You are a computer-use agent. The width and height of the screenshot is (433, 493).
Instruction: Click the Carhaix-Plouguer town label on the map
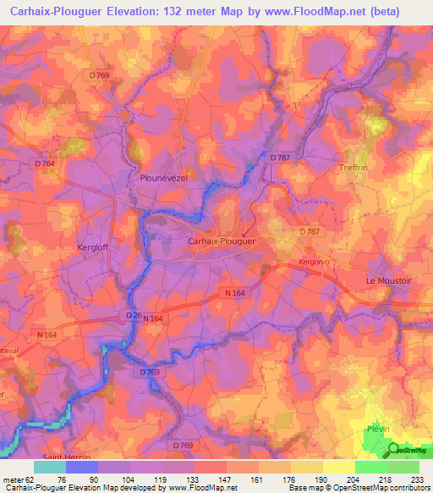click(x=221, y=241)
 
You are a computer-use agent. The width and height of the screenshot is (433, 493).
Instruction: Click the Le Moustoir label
click(x=386, y=280)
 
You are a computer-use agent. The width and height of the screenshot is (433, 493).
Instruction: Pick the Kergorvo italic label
click(x=315, y=263)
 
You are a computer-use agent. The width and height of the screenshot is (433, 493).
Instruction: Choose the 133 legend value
click(x=193, y=479)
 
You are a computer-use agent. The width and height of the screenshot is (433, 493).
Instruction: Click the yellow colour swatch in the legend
click(x=338, y=467)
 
